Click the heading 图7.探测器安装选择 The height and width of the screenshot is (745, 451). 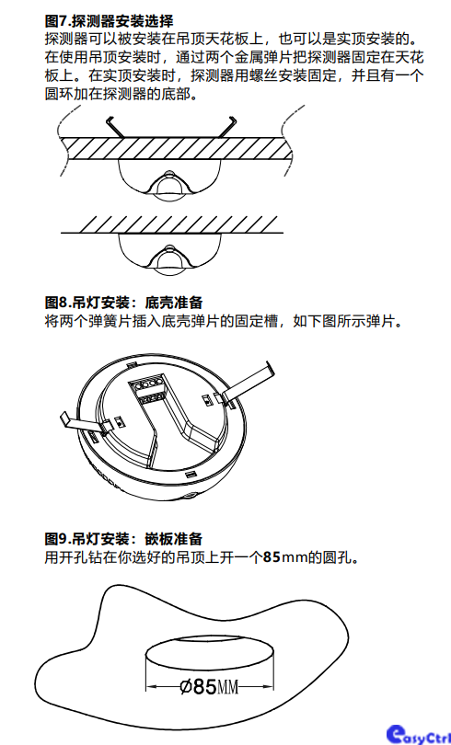point(109,21)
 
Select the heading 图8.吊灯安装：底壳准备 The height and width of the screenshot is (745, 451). point(123,303)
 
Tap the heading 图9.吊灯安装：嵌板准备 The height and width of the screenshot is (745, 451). point(123,538)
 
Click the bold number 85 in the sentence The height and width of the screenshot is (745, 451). point(272,556)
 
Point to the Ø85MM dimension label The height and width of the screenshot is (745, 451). point(209,686)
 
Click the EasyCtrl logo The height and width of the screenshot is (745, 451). point(418,734)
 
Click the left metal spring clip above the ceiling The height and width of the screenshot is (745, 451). point(115,126)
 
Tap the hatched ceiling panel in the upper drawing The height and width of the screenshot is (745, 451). point(177,149)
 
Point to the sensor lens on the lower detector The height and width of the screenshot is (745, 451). point(168,259)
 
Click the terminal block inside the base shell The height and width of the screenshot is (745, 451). point(150,389)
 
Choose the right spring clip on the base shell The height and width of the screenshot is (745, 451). point(247,380)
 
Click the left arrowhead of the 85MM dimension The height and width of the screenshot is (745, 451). point(152,686)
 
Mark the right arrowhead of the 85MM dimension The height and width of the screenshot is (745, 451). point(267,686)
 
